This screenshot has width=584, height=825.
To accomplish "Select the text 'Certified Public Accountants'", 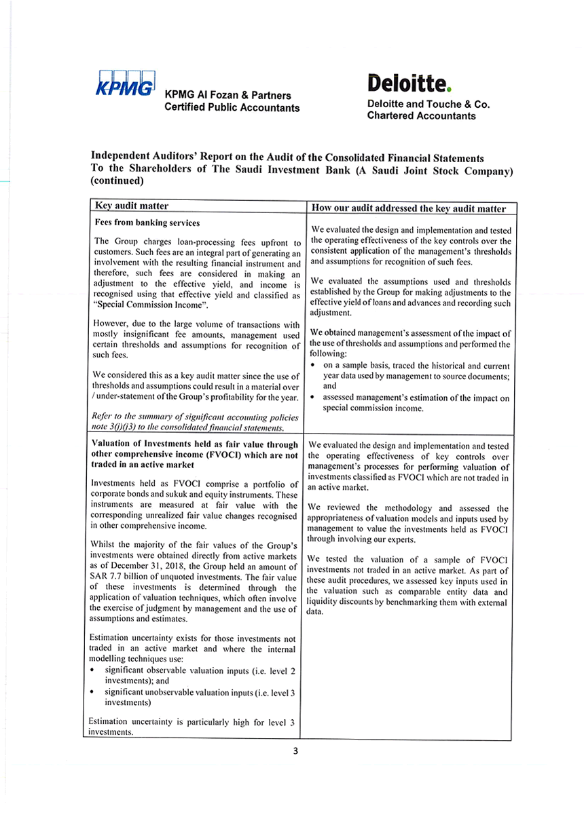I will tap(232, 109).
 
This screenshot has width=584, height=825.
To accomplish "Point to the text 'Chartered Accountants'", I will tap(421, 116).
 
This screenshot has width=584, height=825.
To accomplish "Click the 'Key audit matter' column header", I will tap(132, 206).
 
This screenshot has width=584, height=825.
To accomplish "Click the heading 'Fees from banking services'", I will tap(147, 223).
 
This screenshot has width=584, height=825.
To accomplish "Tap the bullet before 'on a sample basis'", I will tap(313, 366).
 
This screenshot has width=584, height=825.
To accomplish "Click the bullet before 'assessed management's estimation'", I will tap(313, 398).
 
